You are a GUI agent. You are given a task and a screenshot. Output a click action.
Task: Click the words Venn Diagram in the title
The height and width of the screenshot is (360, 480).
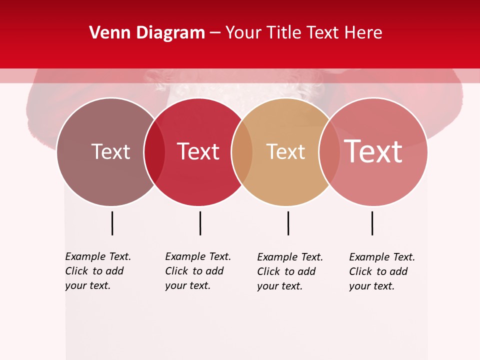pos(147,33)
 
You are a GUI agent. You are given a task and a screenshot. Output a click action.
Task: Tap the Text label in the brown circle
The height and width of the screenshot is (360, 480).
pos(110,151)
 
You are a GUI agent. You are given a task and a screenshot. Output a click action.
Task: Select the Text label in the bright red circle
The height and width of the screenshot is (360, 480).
pos(198,151)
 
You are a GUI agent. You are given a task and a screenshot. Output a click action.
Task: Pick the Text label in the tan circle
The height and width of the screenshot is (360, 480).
pos(285,151)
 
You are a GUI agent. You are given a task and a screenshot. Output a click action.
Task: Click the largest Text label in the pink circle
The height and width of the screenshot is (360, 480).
pos(373,151)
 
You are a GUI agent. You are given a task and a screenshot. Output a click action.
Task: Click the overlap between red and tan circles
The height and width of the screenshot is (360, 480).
pos(242,152)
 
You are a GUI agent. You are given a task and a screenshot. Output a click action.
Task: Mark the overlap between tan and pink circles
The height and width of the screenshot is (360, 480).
pos(328,152)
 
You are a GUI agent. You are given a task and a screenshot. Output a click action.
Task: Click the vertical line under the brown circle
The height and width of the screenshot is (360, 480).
pos(112,223)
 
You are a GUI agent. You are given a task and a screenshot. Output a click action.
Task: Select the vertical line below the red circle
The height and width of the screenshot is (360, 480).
pos(200,223)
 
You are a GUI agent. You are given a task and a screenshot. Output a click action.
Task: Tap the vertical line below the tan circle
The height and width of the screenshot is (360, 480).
pos(288,223)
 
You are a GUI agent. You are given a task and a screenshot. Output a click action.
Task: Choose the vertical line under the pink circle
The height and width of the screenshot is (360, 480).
pos(372,223)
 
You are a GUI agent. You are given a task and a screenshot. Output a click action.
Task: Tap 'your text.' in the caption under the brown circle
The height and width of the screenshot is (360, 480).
pos(87,286)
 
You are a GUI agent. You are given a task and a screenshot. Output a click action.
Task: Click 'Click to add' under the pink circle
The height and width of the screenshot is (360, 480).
pos(378,271)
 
